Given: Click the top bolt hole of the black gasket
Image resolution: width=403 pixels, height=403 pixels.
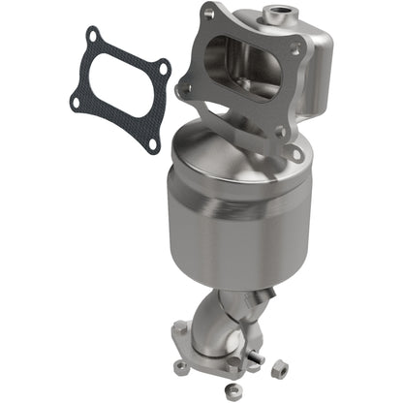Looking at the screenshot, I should (x=93, y=38).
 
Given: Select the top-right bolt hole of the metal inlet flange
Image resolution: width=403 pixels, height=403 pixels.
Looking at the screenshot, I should (x=296, y=43).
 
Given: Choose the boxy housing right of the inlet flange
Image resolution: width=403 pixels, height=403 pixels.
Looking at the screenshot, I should (x=310, y=77).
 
